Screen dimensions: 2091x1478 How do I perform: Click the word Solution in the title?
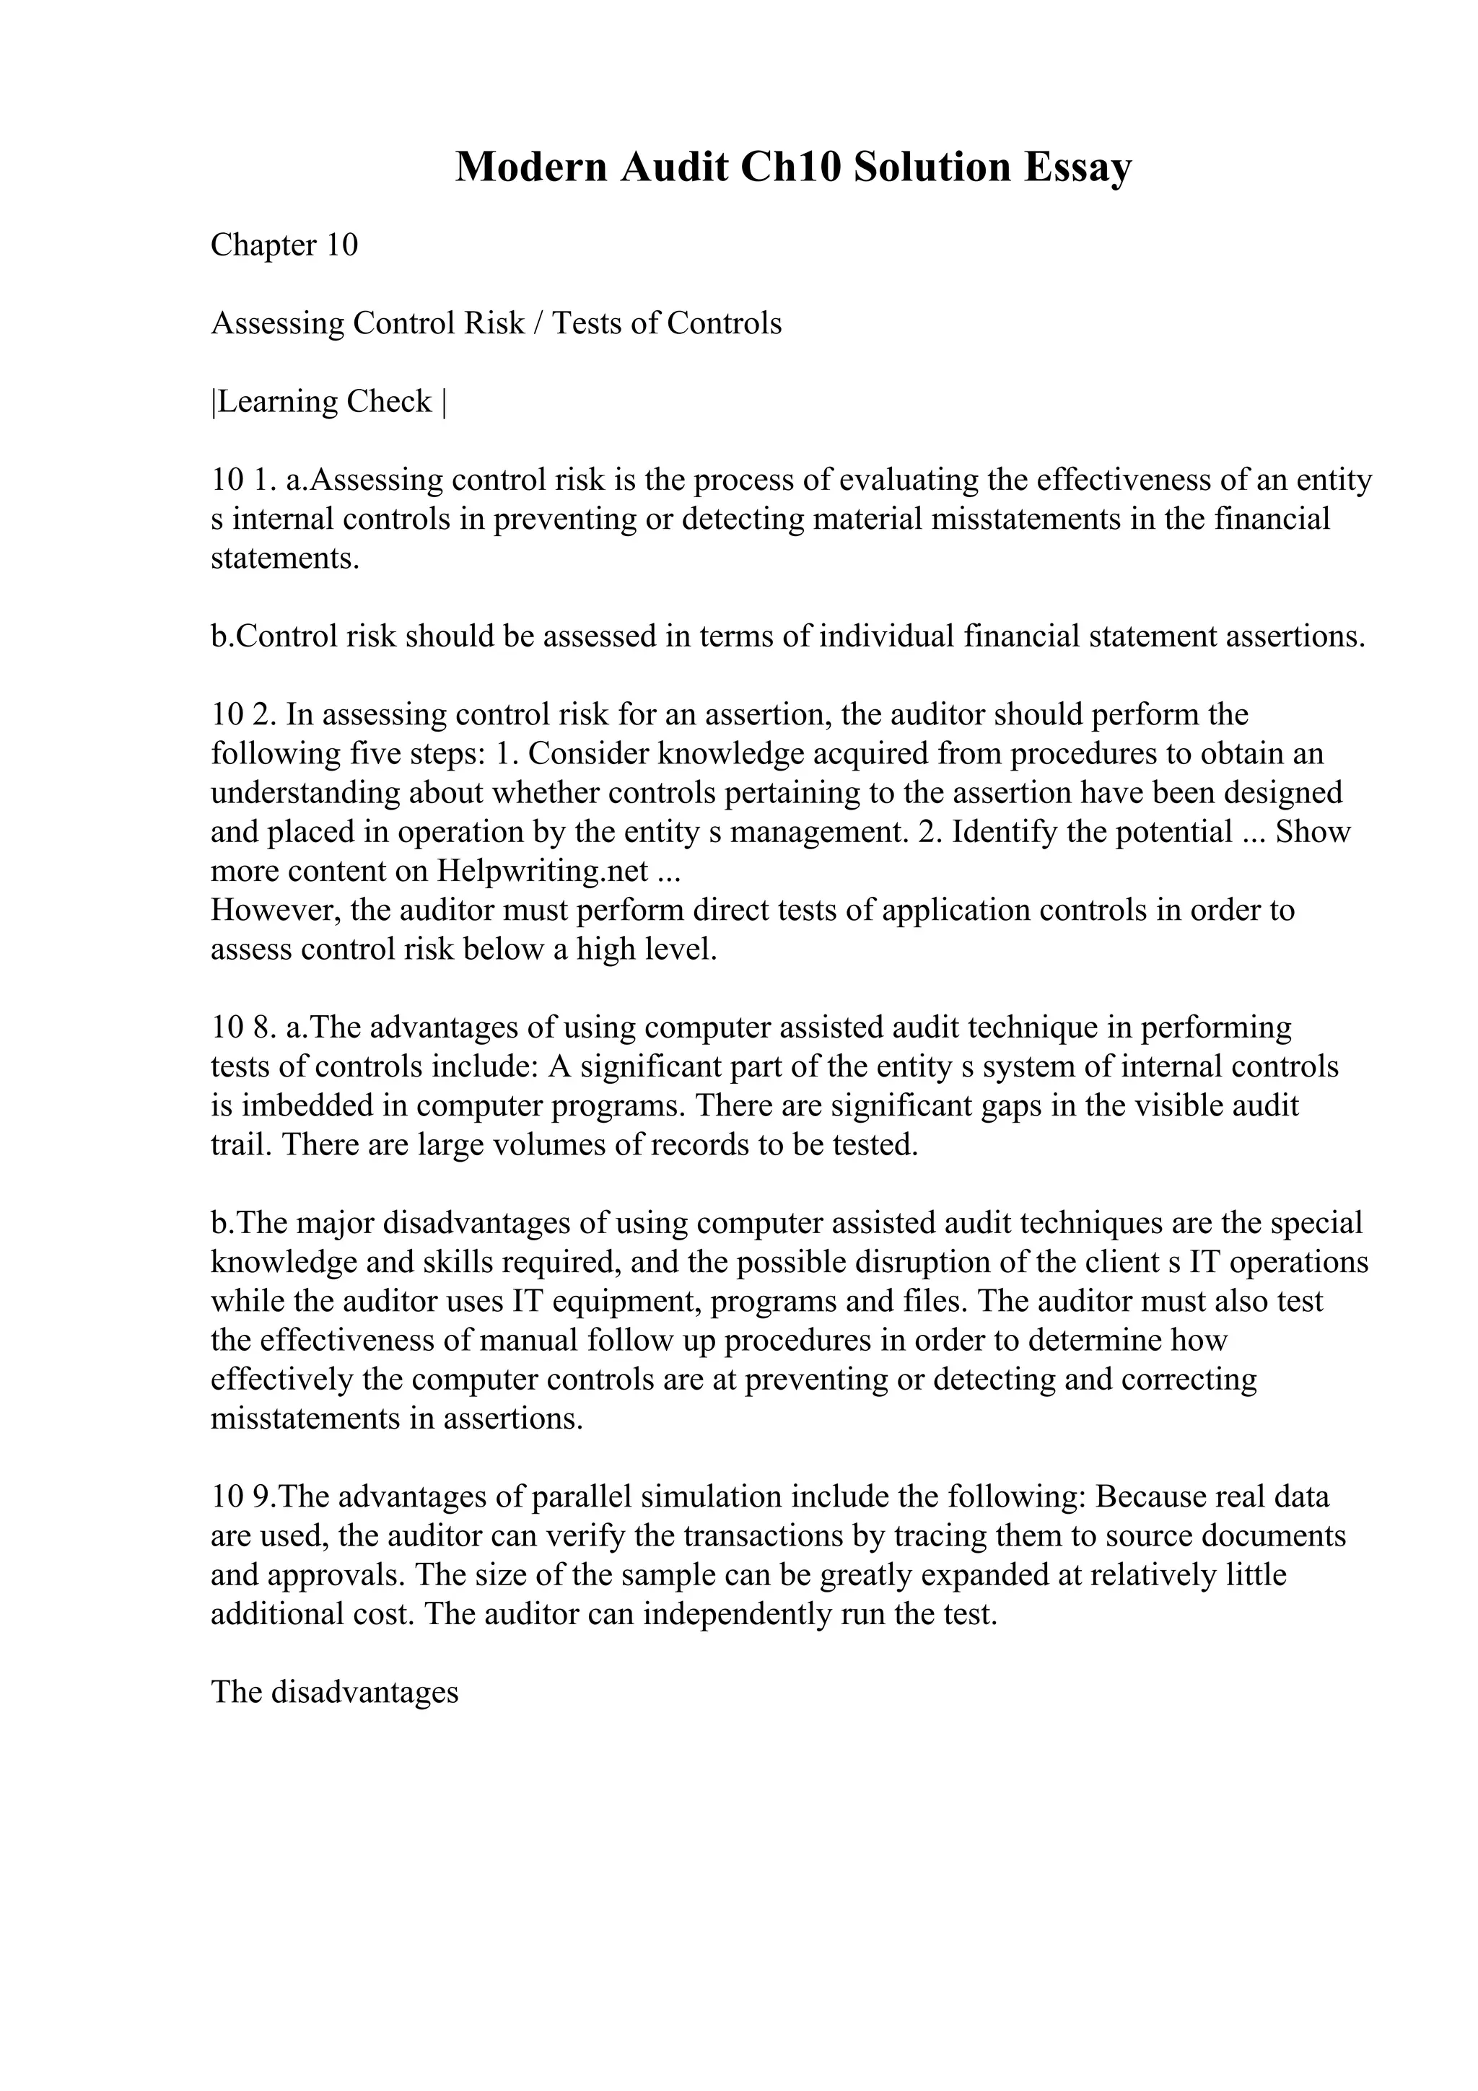(932, 167)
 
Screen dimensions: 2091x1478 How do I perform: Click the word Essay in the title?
(1077, 167)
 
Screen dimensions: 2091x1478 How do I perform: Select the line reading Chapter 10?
(284, 245)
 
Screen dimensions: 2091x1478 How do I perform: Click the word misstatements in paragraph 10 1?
(1028, 519)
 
